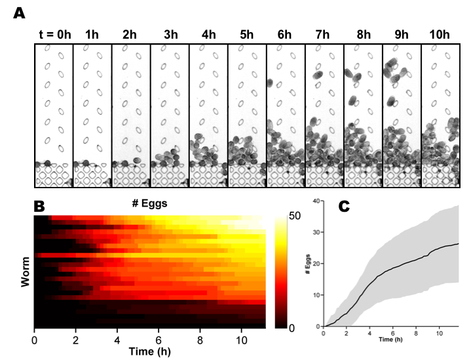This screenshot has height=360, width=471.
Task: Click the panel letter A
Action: point(20,13)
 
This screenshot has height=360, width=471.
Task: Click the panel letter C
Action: point(343,205)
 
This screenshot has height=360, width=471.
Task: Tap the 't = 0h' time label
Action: point(52,34)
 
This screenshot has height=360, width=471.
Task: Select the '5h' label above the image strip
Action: point(247,34)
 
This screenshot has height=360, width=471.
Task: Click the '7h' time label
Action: point(324,34)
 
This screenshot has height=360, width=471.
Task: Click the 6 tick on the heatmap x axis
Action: point(159,340)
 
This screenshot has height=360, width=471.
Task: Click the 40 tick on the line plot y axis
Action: point(318,201)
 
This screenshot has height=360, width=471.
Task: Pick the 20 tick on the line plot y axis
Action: point(318,264)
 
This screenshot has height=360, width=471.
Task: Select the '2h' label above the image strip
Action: point(130,34)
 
